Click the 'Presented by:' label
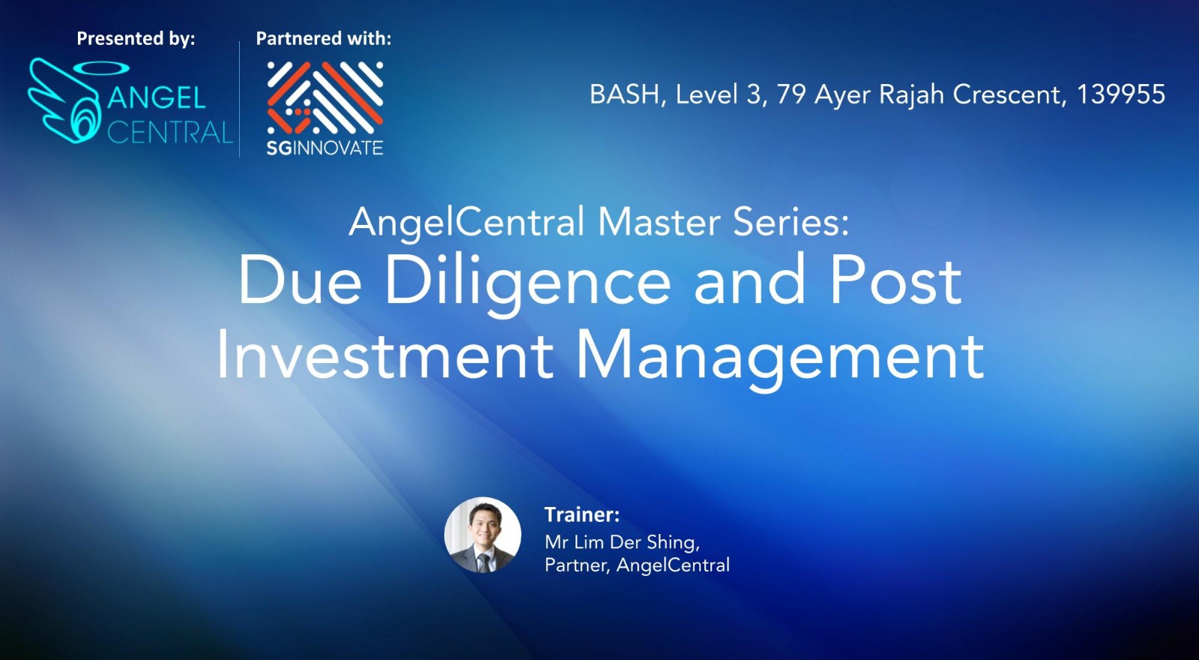[x=136, y=39]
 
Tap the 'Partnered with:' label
[x=323, y=38]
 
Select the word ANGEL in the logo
[x=157, y=97]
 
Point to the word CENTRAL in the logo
[x=170, y=132]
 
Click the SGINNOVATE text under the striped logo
[x=325, y=148]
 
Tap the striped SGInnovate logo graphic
[x=325, y=97]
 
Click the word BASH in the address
[x=624, y=94]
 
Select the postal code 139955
[x=1121, y=94]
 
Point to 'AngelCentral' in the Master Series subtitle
[x=466, y=222]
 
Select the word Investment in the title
[x=384, y=355]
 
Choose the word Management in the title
[x=779, y=360]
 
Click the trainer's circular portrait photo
[x=483, y=535]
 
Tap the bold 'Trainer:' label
[x=582, y=514]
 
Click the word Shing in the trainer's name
[x=673, y=543]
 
